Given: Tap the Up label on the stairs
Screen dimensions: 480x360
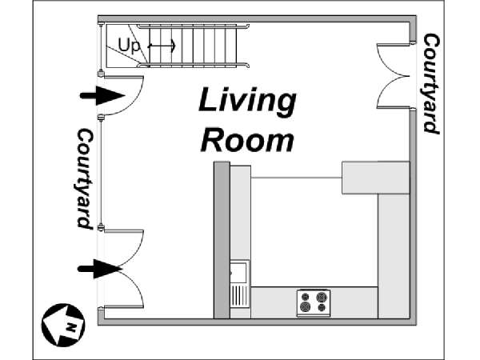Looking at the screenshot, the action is (129, 46).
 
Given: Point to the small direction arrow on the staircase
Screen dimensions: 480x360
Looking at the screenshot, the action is (162, 46).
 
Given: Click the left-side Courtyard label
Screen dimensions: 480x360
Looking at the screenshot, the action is (85, 178).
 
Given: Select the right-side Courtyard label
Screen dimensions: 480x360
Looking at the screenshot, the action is (431, 83).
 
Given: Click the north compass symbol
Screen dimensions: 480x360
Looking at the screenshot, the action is (63, 325).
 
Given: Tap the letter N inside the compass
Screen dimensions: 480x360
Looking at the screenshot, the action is (71, 328).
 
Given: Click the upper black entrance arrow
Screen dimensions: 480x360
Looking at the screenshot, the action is (102, 96).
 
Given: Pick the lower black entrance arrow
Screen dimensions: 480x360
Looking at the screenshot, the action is (100, 269).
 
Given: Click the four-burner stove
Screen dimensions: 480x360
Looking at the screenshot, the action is (314, 302).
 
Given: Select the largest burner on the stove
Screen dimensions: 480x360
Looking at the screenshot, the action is (306, 306).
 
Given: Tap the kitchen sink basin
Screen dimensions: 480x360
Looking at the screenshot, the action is (239, 272).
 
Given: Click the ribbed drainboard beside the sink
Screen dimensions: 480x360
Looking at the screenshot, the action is (239, 295).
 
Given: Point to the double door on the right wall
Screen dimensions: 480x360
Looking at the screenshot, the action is (393, 76).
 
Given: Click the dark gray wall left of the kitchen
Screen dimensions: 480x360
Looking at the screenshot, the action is (222, 240).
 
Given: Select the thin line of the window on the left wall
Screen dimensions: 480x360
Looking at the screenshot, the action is (101, 173).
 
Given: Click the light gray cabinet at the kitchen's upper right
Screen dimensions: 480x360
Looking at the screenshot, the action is (376, 178).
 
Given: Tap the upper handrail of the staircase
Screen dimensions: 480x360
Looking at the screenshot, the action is (193, 26).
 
